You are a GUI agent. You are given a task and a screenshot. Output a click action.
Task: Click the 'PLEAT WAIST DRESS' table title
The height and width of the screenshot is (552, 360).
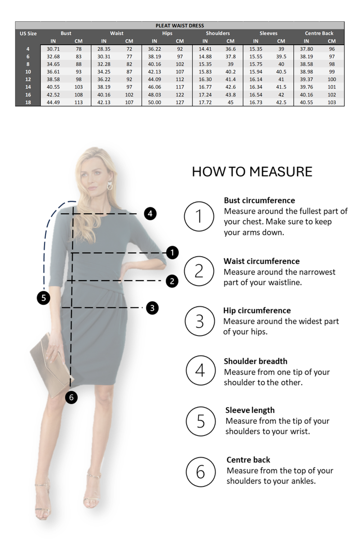pyautogui.click(x=180, y=26)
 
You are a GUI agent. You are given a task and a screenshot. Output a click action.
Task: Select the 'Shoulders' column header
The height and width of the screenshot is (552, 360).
pyautogui.click(x=218, y=33)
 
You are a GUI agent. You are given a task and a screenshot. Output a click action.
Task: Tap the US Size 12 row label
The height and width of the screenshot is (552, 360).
pyautogui.click(x=28, y=79)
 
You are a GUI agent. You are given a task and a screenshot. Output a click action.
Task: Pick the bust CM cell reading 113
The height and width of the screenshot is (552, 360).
pyautogui.click(x=78, y=102)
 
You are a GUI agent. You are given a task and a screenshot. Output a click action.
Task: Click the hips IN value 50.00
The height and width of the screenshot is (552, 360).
pyautogui.click(x=155, y=102)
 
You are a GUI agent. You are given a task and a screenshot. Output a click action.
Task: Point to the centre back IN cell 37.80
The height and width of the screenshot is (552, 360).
pyautogui.click(x=306, y=49)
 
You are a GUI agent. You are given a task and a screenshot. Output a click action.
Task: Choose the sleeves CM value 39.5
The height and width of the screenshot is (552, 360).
pyautogui.click(x=281, y=57)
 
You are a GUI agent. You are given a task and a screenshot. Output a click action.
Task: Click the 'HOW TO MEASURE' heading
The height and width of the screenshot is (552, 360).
pyautogui.click(x=252, y=172)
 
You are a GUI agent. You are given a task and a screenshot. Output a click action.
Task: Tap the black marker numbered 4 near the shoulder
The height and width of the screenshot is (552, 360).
pyautogui.click(x=150, y=214)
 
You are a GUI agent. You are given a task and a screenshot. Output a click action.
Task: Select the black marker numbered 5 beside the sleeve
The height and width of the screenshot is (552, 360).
pyautogui.click(x=44, y=298)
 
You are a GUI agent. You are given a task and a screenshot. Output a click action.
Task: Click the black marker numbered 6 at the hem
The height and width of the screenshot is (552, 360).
pyautogui.click(x=72, y=397)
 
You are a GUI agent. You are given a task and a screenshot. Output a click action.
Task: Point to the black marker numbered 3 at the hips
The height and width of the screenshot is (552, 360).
pyautogui.click(x=152, y=308)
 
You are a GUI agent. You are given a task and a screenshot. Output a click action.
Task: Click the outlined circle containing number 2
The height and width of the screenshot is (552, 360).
pyautogui.click(x=199, y=271)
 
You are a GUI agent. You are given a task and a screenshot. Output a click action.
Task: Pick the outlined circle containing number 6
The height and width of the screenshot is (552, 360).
pyautogui.click(x=201, y=472)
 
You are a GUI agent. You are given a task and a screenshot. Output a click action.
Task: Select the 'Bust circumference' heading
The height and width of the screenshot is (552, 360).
pyautogui.click(x=259, y=201)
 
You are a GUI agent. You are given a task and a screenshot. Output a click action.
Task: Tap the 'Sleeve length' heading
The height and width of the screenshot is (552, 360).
pyautogui.click(x=250, y=410)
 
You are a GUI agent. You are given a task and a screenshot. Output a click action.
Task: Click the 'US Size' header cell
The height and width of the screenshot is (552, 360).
pyautogui.click(x=28, y=33)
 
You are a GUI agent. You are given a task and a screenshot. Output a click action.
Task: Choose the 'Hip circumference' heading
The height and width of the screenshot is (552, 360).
pyautogui.click(x=257, y=311)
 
